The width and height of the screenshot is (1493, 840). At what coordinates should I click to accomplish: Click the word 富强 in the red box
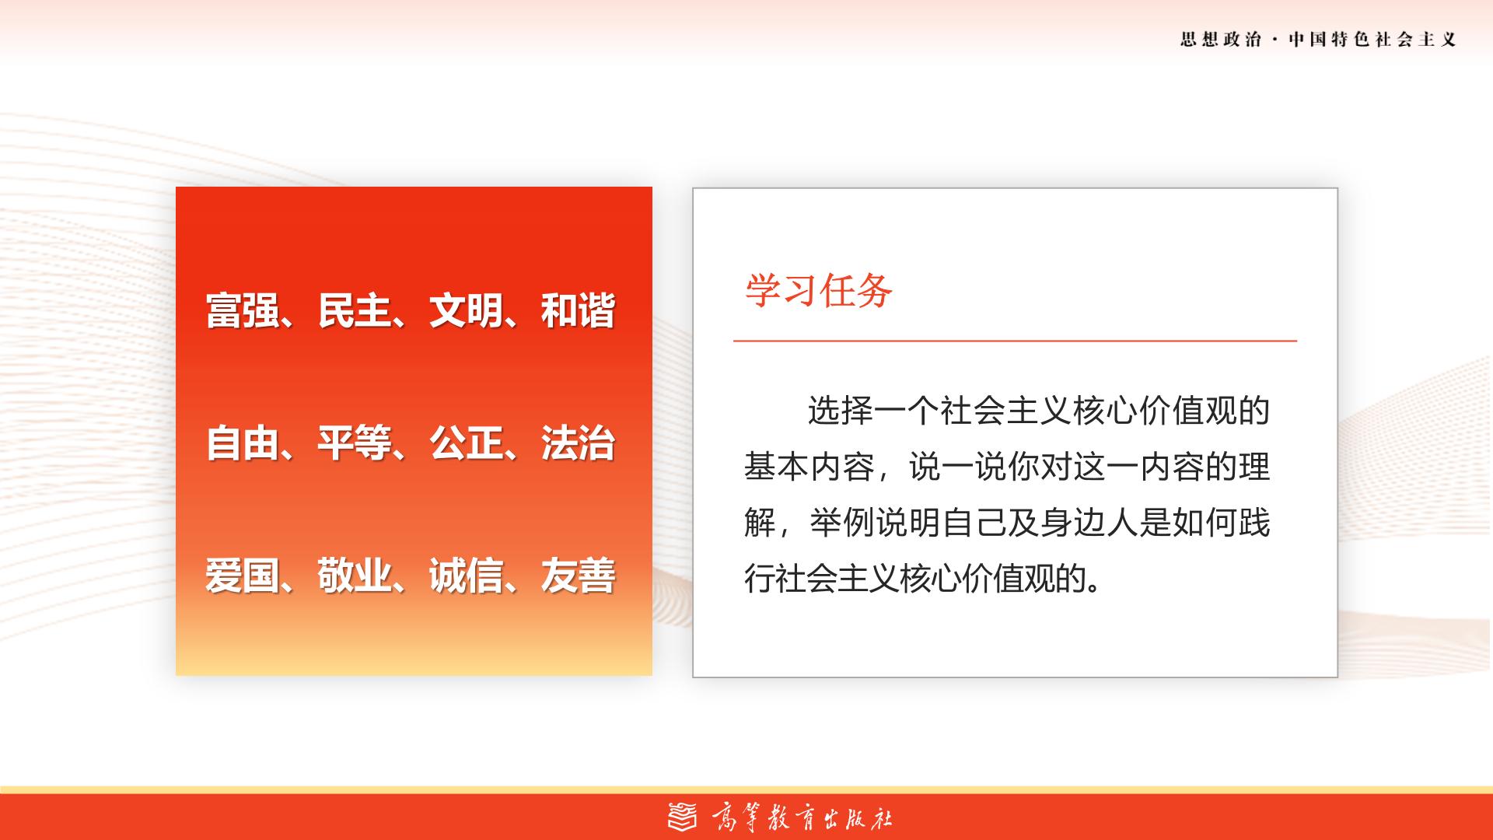tap(243, 310)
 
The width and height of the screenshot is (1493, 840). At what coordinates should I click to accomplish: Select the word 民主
tap(354, 310)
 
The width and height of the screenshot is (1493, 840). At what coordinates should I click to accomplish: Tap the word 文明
tap(466, 310)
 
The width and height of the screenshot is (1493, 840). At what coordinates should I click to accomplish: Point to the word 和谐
tap(578, 310)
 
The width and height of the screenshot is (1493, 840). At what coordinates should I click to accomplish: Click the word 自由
tap(243, 443)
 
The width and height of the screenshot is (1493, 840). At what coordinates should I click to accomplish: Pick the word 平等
tap(354, 443)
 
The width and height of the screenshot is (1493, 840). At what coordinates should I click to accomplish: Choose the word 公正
tap(466, 443)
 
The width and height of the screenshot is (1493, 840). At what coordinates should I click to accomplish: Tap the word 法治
tap(578, 443)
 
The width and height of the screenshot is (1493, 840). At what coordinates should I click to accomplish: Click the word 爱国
tap(243, 576)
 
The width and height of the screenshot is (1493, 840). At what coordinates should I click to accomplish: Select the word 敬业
tap(354, 576)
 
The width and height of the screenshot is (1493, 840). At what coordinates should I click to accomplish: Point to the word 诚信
tap(466, 576)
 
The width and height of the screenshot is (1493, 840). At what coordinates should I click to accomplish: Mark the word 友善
tap(578, 576)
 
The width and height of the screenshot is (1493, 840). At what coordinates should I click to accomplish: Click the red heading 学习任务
tap(819, 291)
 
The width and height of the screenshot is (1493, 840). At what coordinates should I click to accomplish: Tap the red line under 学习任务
tap(1015, 341)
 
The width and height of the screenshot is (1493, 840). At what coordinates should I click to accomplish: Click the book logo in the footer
tap(684, 816)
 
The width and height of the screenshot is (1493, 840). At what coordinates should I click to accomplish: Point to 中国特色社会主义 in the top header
tap(1372, 40)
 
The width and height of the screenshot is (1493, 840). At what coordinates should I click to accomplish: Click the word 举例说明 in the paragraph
tap(875, 523)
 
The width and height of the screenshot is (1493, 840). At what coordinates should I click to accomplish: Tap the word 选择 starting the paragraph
tap(841, 411)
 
